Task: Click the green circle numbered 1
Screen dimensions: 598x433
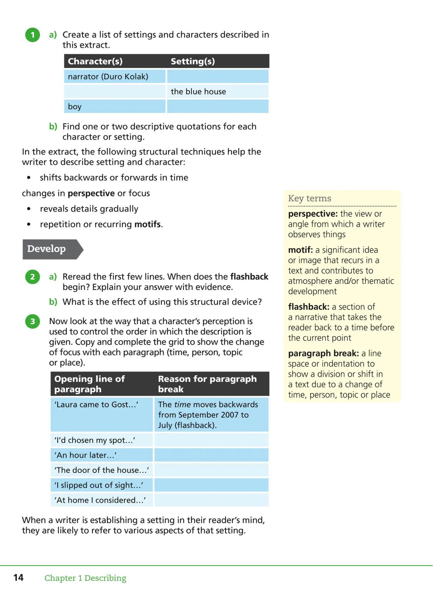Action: click(33, 35)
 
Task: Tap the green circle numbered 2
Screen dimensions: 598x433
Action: click(33, 277)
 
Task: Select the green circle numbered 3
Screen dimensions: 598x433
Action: click(33, 321)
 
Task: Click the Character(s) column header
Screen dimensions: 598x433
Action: click(95, 61)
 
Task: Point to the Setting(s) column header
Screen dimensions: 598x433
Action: click(193, 61)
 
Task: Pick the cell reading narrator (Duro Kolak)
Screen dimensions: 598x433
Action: click(108, 77)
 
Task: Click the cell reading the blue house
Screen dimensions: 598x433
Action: click(198, 91)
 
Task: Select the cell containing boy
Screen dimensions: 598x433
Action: click(75, 106)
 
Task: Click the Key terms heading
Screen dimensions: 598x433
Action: click(309, 198)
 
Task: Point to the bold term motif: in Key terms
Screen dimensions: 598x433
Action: click(300, 250)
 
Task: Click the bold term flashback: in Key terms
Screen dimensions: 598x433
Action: click(309, 307)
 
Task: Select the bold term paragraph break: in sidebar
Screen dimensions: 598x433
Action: click(323, 353)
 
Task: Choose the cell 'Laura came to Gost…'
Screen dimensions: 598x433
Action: click(96, 405)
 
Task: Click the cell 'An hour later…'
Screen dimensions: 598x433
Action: click(86, 455)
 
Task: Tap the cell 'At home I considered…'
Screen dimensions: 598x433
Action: click(100, 500)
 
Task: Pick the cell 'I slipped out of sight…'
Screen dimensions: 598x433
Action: click(99, 485)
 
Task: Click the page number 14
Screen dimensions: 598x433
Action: click(19, 577)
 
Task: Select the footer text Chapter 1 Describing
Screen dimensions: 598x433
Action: click(85, 578)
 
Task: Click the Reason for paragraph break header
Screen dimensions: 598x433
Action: click(207, 384)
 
